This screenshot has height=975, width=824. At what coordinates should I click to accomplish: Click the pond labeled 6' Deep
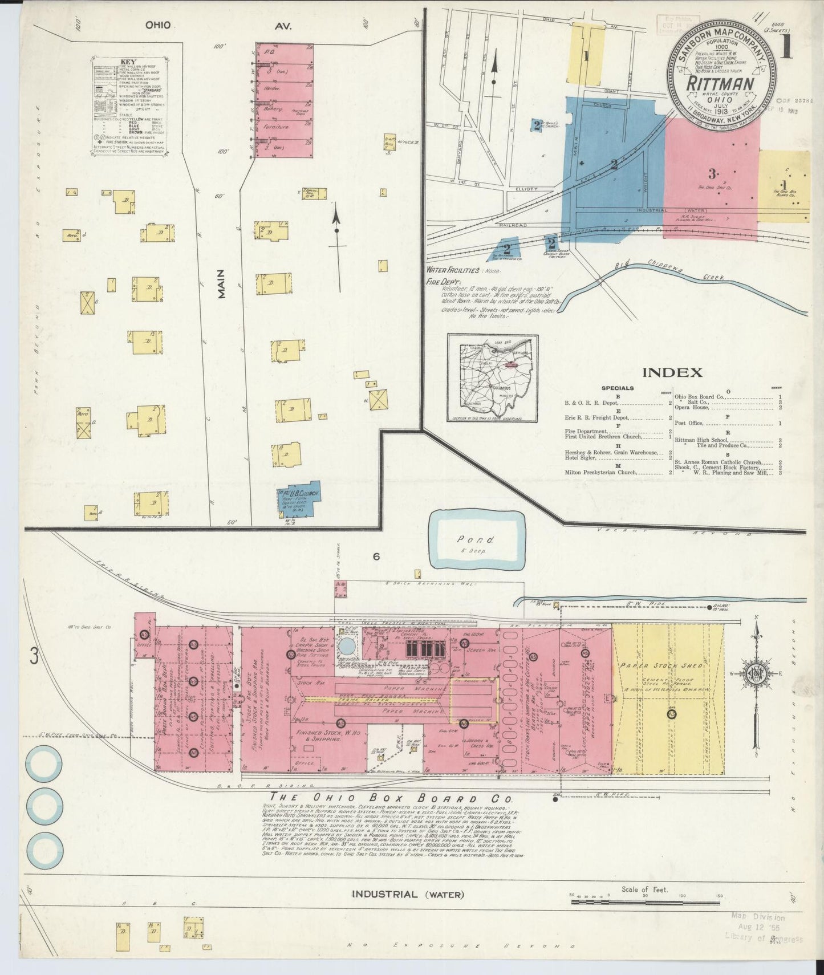tap(477, 539)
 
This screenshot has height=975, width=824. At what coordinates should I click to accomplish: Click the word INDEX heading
tap(672, 373)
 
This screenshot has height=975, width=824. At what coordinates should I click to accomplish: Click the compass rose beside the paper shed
tap(756, 674)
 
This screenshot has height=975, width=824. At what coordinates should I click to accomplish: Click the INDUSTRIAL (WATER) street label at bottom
tap(408, 894)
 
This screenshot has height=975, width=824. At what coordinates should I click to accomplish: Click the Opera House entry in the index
tap(691, 407)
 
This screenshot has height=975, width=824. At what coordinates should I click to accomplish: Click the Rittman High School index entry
tap(701, 440)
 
